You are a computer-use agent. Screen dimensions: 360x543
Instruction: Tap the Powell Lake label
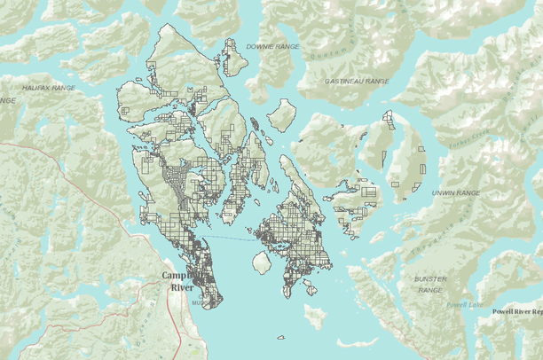click(464, 303)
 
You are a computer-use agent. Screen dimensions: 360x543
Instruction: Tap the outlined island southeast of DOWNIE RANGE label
click(282, 114)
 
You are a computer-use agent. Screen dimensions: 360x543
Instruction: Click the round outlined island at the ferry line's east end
click(262, 263)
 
